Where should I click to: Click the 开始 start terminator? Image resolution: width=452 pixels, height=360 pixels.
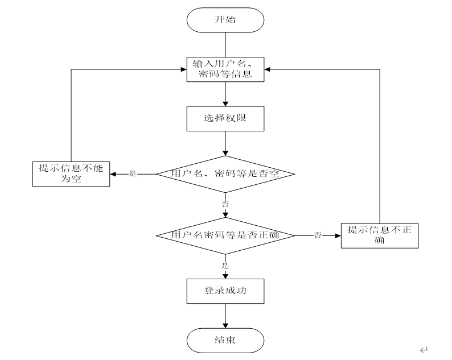click(x=225, y=20)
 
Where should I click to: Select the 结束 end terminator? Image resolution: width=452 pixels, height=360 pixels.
click(x=225, y=341)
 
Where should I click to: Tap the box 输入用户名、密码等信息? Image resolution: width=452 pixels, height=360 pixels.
click(x=225, y=69)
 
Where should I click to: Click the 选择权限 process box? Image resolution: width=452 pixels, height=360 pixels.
click(x=225, y=119)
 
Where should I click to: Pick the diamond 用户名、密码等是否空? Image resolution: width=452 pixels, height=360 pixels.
click(x=225, y=174)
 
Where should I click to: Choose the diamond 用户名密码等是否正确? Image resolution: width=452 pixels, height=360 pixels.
click(x=225, y=236)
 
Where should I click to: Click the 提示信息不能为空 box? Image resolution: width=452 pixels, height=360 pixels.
click(x=71, y=174)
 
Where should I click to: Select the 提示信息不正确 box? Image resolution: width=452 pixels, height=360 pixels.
click(x=380, y=236)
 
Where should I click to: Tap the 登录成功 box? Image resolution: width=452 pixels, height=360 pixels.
click(x=225, y=291)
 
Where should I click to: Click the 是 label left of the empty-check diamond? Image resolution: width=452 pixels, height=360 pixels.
click(x=133, y=173)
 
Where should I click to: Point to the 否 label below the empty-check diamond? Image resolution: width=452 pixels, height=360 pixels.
click(x=225, y=204)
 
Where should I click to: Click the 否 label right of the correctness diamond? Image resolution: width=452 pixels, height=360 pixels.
click(x=318, y=235)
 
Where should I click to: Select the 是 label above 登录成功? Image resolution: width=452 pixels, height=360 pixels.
click(x=225, y=266)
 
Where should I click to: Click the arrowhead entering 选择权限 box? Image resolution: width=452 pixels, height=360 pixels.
click(x=225, y=104)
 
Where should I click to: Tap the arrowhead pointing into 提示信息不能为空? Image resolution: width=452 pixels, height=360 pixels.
click(x=113, y=174)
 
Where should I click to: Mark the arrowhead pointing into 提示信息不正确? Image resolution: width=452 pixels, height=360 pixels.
click(x=338, y=236)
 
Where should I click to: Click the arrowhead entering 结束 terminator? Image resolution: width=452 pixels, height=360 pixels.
click(x=225, y=326)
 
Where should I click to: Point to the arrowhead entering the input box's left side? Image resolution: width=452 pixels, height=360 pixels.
click(x=184, y=69)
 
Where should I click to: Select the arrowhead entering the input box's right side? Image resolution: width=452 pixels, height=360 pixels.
click(x=267, y=69)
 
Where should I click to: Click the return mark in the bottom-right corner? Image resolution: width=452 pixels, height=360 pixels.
click(x=424, y=350)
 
